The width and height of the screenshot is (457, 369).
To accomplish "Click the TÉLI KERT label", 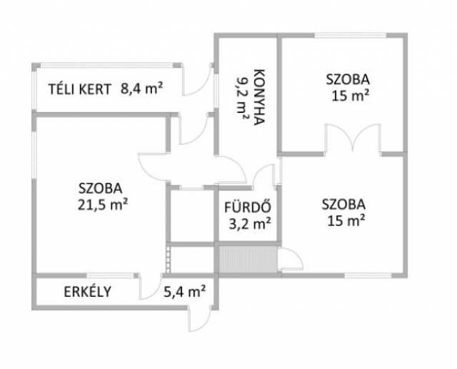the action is (x=79, y=89).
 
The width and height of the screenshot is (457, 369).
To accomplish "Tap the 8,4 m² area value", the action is (x=141, y=89).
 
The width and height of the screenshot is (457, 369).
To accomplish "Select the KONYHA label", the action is (x=259, y=97).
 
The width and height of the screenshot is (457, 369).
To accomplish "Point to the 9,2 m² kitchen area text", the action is (x=243, y=98).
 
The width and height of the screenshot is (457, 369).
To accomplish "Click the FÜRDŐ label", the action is (x=248, y=207).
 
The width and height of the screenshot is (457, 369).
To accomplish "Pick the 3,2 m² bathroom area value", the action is (x=250, y=224).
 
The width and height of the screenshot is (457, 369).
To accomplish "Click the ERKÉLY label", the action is (x=87, y=292).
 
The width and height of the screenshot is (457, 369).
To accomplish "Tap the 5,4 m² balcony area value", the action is (x=185, y=291).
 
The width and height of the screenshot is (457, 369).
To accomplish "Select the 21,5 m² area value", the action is (x=103, y=205).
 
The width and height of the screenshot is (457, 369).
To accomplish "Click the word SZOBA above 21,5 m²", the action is (x=100, y=188).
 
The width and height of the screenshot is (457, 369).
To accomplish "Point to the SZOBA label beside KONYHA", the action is (x=348, y=79).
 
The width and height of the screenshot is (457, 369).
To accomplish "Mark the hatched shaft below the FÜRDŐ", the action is (x=248, y=260).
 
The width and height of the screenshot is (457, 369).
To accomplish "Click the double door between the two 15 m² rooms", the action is (x=353, y=138).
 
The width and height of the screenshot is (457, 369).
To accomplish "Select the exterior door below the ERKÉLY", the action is (x=200, y=319).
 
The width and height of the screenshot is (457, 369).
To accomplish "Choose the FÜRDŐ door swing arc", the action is (x=264, y=175).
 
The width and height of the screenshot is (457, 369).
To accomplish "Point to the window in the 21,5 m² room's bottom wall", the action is (x=111, y=275).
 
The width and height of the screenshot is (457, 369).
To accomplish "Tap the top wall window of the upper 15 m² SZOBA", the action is (x=351, y=35).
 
